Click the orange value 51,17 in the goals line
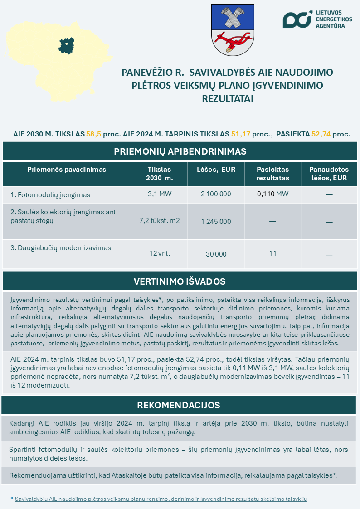(x=241, y=134)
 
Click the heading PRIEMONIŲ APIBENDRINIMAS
(x=180, y=151)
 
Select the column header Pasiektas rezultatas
(x=272, y=174)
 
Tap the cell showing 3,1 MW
(x=159, y=194)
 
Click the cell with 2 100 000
(x=216, y=194)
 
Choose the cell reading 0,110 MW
(x=272, y=194)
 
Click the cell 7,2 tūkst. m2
(x=159, y=221)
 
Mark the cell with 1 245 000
(x=216, y=222)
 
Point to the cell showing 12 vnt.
(x=159, y=253)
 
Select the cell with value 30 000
(x=216, y=254)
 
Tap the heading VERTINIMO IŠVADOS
(x=180, y=281)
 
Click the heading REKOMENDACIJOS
(x=179, y=405)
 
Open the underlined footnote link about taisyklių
(x=161, y=499)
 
